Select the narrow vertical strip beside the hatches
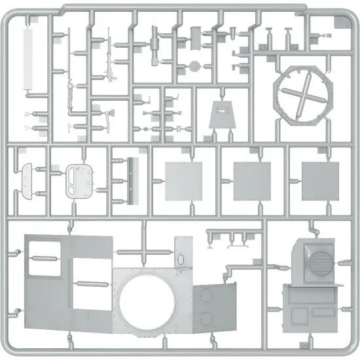[x=135, y=179]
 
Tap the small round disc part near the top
[x=194, y=66]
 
